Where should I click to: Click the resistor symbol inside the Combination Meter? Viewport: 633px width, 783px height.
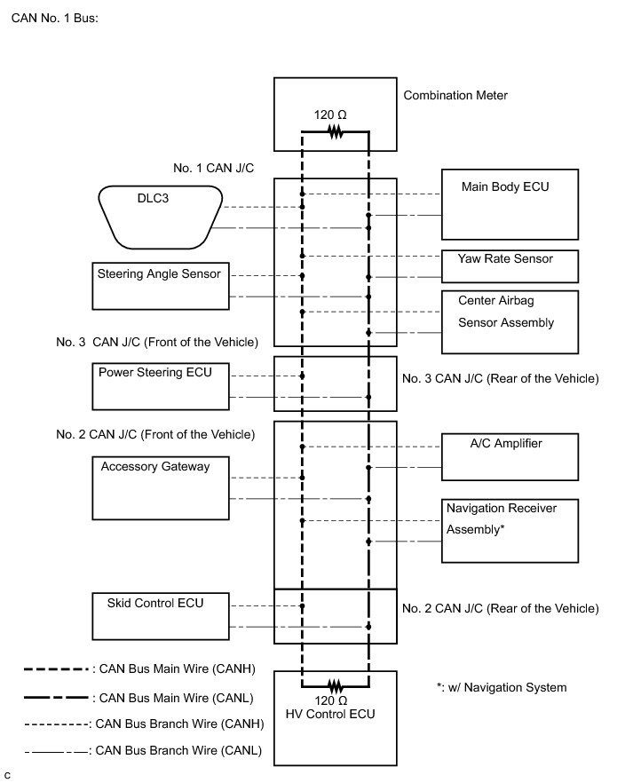tap(336, 132)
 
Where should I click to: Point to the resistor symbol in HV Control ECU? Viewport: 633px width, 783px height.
tap(336, 686)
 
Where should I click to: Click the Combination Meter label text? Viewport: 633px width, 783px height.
tap(455, 95)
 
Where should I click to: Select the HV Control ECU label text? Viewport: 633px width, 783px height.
tap(330, 714)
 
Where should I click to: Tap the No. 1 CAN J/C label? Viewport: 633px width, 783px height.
tap(214, 168)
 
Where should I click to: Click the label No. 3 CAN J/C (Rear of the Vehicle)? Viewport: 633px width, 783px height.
tap(500, 378)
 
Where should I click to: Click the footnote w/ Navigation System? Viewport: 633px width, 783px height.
tap(502, 688)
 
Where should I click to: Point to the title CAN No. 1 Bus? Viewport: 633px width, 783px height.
tap(55, 18)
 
